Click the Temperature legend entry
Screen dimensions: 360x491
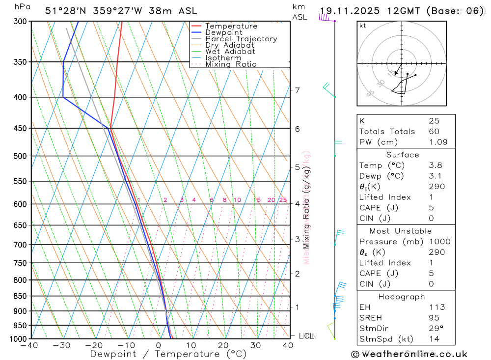tap(231, 26)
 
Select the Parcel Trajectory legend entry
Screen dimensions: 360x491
tap(241, 39)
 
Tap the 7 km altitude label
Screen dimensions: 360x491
tap(297, 90)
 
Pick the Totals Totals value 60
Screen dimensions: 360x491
tap(434, 131)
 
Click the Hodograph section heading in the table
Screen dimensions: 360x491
tap(401, 297)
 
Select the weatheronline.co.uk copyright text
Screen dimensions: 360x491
tap(409, 354)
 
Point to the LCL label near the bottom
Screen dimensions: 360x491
tap(306, 336)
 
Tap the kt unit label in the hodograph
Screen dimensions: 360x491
tap(363, 26)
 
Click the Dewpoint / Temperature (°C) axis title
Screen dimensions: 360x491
tap(168, 354)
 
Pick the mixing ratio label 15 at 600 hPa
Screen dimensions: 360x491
tap(257, 200)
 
